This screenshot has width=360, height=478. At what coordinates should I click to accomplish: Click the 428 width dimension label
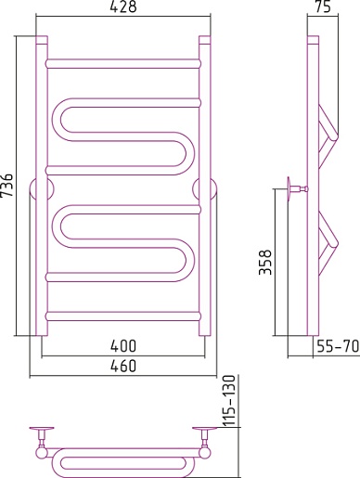[x=123, y=6]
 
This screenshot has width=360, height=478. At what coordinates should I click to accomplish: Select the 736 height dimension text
[x=6, y=185]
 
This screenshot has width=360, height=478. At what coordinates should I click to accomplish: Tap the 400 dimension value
[x=123, y=346]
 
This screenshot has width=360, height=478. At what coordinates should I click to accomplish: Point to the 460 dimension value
[x=123, y=366]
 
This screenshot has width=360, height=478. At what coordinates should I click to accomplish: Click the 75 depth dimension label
[x=323, y=6]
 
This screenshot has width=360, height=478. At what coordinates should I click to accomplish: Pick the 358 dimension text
[x=265, y=262]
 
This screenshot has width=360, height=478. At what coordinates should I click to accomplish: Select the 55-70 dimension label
[x=338, y=346]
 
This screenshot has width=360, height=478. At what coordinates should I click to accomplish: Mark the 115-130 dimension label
[x=229, y=400]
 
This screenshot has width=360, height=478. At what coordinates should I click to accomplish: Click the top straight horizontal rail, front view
[x=123, y=64]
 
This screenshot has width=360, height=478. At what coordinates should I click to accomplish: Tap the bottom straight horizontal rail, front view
[x=123, y=317]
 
